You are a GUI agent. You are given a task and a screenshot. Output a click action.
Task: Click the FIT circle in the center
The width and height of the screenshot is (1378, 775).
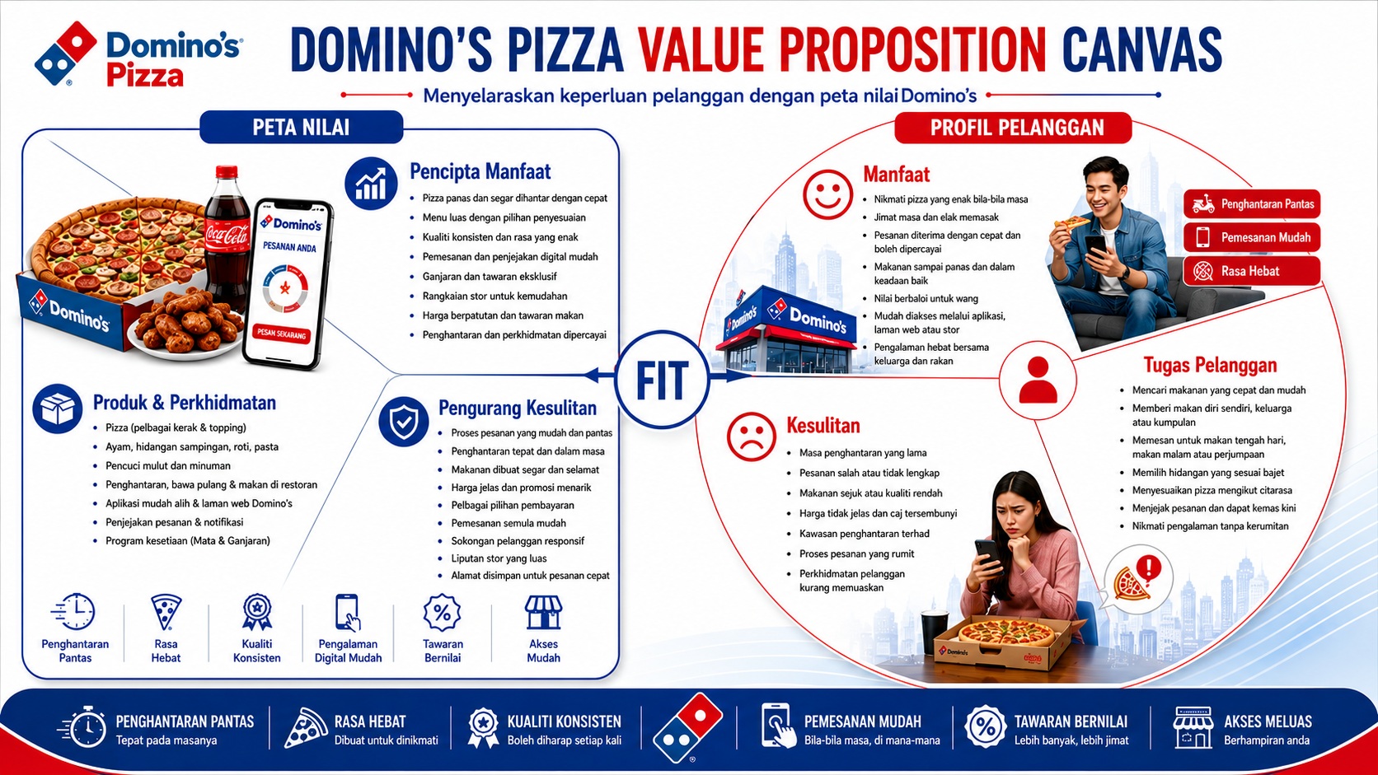pyautogui.click(x=661, y=379)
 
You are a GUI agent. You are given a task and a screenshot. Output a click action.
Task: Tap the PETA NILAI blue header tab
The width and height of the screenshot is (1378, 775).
pyautogui.click(x=302, y=127)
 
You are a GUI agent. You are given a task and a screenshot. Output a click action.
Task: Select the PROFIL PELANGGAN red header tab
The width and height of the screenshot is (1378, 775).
pyautogui.click(x=1013, y=128)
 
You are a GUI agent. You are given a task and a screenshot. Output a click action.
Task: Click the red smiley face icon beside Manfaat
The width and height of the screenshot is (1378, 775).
pyautogui.click(x=827, y=194)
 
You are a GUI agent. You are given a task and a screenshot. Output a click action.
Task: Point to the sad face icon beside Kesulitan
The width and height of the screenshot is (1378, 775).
pyautogui.click(x=751, y=437)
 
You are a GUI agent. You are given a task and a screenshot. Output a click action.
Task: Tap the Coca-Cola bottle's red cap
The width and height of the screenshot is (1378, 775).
pyautogui.click(x=227, y=171)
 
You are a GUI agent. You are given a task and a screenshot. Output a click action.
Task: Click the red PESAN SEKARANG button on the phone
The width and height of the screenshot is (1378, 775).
pyautogui.click(x=281, y=334)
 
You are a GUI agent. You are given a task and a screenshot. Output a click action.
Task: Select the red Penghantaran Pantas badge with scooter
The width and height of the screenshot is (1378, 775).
pyautogui.click(x=1252, y=204)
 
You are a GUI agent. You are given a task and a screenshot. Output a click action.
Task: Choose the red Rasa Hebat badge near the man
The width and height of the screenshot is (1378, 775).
pyautogui.click(x=1252, y=271)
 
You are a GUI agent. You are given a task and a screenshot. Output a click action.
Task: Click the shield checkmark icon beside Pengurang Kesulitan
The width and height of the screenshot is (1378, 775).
pyautogui.click(x=404, y=422)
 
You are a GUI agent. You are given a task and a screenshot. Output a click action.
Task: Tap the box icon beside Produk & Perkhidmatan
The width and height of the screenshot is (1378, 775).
pyautogui.click(x=57, y=409)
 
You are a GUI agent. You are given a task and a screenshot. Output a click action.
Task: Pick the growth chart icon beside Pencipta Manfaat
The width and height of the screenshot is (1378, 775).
pyautogui.click(x=370, y=184)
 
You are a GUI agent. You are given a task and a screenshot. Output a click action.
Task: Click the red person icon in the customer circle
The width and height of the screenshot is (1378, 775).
pyautogui.click(x=1038, y=380)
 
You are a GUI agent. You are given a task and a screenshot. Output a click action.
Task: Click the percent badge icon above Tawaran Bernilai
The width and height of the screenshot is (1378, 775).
pyautogui.click(x=443, y=613)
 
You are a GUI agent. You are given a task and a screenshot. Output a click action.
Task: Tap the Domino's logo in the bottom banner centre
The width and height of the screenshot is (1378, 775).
pyautogui.click(x=688, y=728)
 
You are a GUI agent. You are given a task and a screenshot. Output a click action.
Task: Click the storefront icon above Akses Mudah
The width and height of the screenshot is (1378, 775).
pyautogui.click(x=543, y=612)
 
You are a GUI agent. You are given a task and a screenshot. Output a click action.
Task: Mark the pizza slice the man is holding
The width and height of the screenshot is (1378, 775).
pyautogui.click(x=1071, y=222)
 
